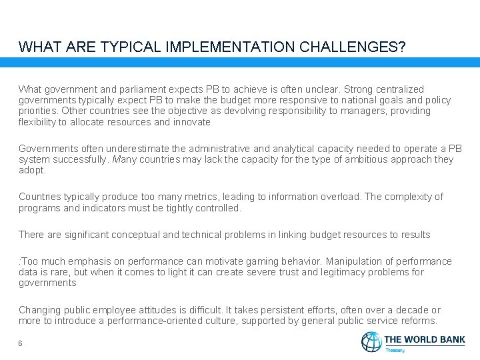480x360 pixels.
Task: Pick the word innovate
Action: point(192,122)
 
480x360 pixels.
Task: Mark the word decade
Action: point(411,310)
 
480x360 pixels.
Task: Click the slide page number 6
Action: point(21,343)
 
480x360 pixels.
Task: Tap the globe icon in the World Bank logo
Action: point(371,341)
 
